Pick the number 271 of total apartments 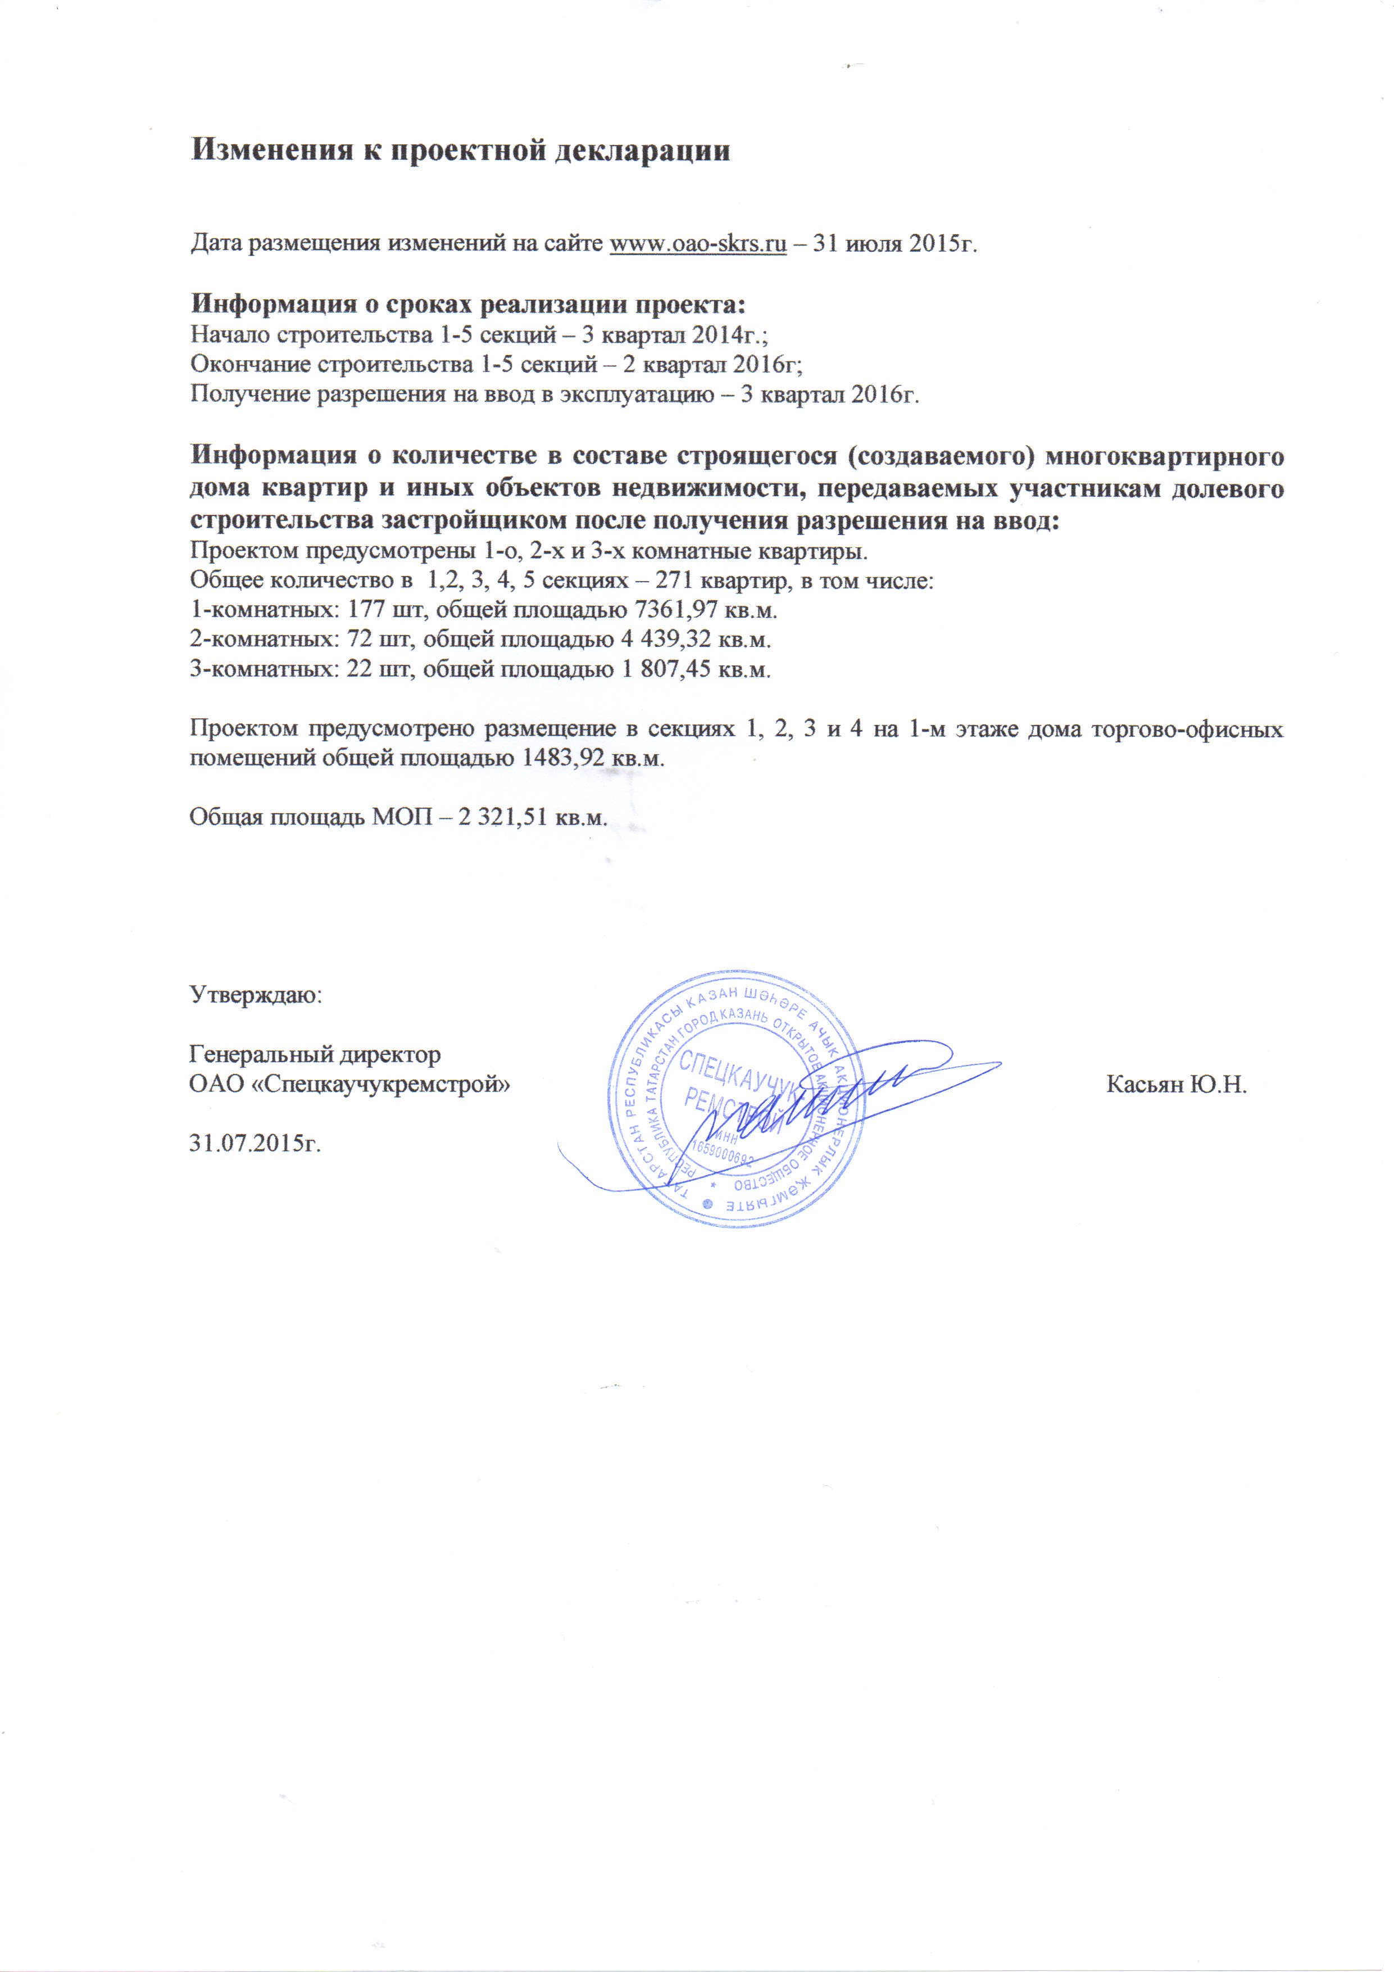(x=673, y=581)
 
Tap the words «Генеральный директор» (x=314, y=1055)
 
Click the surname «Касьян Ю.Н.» (x=1176, y=1085)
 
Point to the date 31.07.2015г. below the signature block (x=254, y=1144)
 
